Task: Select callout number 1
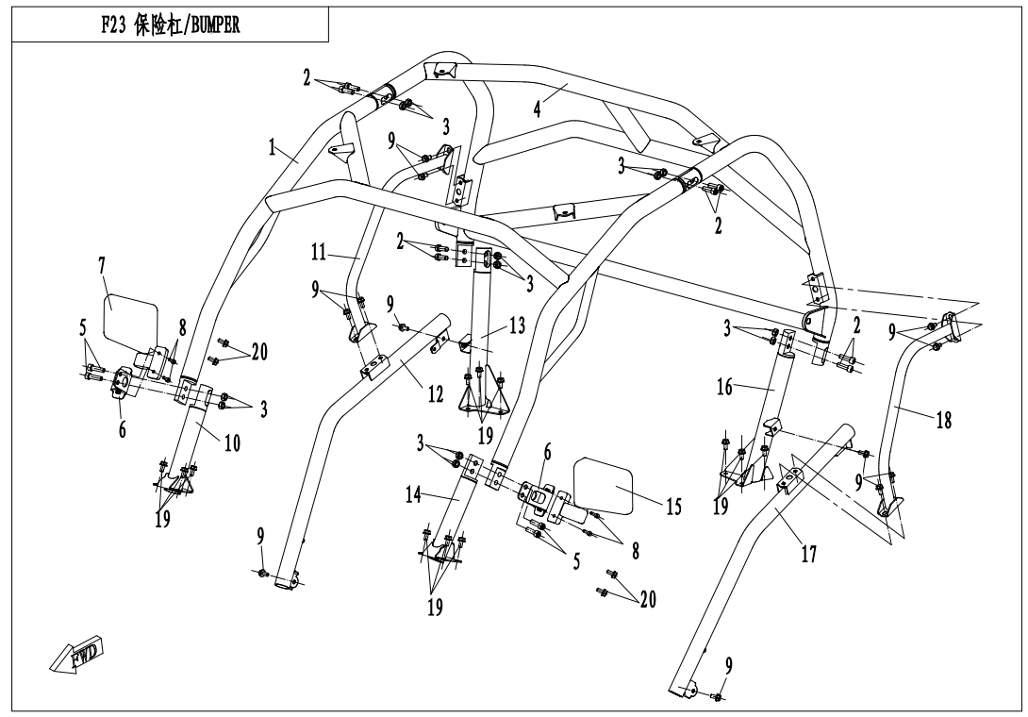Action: click(273, 149)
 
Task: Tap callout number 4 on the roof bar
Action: click(537, 108)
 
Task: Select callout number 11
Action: click(319, 253)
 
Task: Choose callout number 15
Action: click(673, 508)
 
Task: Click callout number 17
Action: click(808, 556)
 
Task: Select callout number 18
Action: click(943, 421)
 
